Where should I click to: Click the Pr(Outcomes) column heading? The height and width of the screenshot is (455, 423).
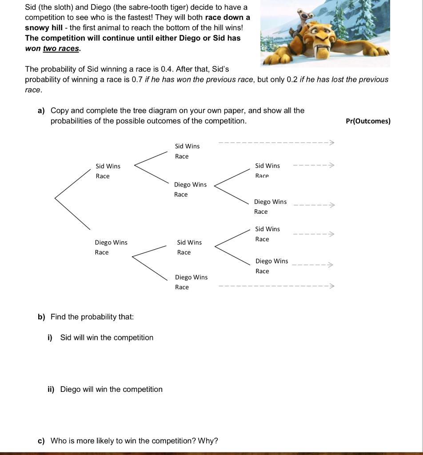pos(368,121)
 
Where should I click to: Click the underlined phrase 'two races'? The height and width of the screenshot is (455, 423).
pos(61,48)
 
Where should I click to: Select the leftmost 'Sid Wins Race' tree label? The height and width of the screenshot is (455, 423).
pos(108,171)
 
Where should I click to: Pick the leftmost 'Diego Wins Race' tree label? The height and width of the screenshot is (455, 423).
pos(111,247)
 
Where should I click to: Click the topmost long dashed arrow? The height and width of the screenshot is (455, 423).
pos(275,143)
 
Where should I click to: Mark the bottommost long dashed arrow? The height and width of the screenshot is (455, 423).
pos(275,286)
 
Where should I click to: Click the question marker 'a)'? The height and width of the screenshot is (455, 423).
pos(41,111)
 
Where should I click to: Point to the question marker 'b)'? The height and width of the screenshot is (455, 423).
pos(41,317)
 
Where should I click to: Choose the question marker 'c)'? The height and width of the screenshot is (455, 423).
pos(41,441)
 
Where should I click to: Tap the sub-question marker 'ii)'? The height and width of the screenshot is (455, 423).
pos(51,389)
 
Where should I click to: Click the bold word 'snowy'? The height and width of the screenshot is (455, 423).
pos(36,28)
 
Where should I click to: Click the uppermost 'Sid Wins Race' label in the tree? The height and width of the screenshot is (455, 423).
pos(187,151)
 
